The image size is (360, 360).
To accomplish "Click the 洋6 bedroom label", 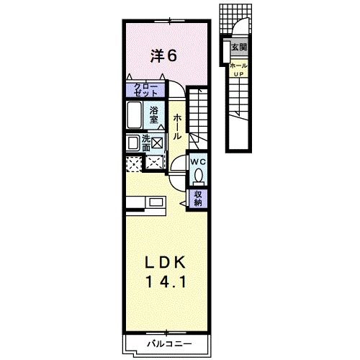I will (x=163, y=54).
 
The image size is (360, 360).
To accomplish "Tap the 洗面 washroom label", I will (x=146, y=142).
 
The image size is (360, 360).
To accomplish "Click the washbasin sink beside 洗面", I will (x=133, y=143).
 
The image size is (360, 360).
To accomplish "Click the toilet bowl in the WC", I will (x=199, y=175).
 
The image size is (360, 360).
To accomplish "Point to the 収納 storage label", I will (x=197, y=198).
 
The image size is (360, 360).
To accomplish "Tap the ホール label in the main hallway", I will (x=176, y=127).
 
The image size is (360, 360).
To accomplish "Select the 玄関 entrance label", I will (x=238, y=48).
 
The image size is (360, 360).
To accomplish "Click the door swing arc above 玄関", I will (x=238, y=32).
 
